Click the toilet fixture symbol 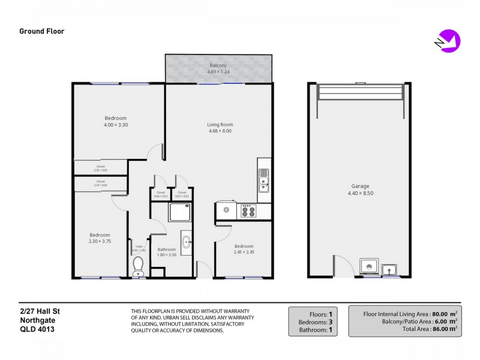tap(139, 265)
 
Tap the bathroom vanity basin tap(186, 243)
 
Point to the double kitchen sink tap(264, 179)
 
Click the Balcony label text tap(218, 65)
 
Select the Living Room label tap(219, 124)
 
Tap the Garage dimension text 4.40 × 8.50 tap(361, 193)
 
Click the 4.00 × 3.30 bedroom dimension tap(116, 125)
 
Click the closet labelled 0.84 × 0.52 tap(160, 194)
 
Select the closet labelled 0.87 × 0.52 tap(182, 194)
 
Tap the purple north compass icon tap(449, 40)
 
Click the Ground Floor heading tap(41, 31)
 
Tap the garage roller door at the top tap(361, 93)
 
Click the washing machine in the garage tap(368, 268)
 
